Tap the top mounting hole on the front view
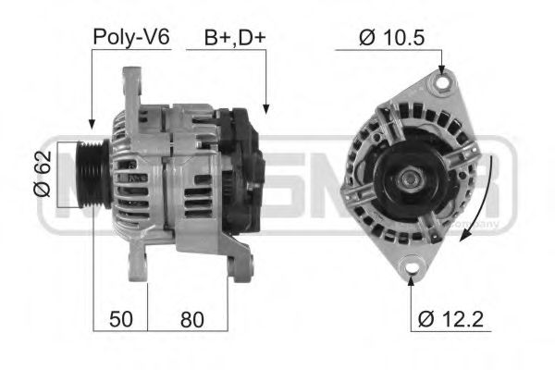441,84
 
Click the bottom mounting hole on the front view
410,268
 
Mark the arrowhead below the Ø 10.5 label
442,69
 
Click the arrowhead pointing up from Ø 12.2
410,281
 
